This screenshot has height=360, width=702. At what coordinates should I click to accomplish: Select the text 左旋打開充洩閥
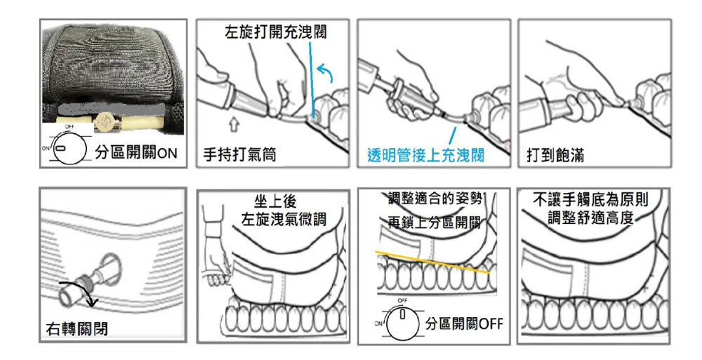275,33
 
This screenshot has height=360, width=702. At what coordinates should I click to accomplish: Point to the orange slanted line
432,260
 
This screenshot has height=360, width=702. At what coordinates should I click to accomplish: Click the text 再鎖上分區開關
435,223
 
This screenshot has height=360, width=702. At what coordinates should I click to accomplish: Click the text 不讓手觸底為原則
592,201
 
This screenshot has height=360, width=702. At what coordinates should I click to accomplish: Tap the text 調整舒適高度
590,219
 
